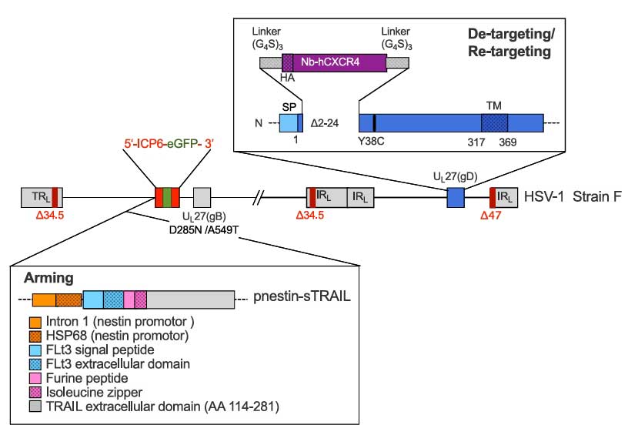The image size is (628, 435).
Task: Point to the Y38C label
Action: pos(371,142)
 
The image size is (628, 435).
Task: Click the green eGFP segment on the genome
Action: pos(167,196)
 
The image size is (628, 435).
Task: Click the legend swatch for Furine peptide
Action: pos(35,377)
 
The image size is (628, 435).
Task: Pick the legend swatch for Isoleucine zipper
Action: pos(35,391)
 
